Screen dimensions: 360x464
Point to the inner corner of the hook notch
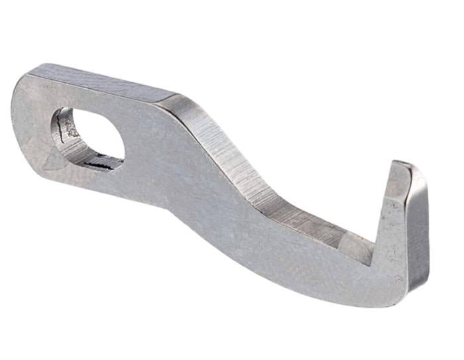[371, 255]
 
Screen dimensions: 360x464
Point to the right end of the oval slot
[123, 143]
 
